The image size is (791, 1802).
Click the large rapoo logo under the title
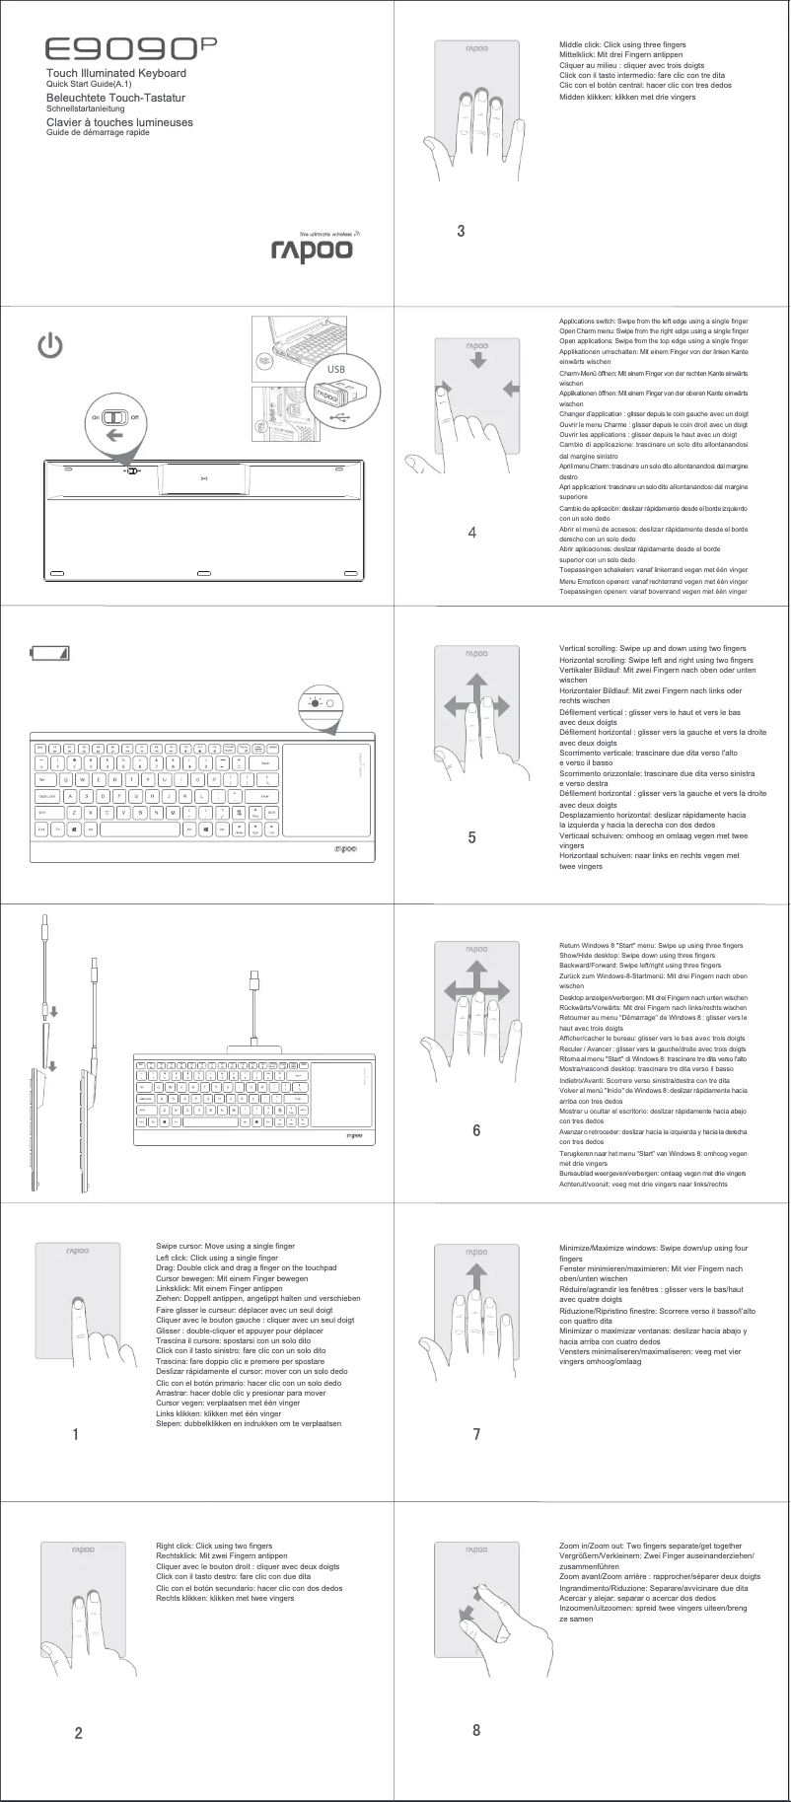click(x=312, y=251)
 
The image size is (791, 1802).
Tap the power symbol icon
click(x=51, y=346)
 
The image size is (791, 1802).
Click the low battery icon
click(x=50, y=652)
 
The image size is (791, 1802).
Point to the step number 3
click(x=461, y=232)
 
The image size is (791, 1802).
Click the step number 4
click(x=472, y=534)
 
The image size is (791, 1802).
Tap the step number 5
click(x=472, y=837)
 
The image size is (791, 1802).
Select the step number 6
click(x=476, y=1130)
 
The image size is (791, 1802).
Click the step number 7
click(x=476, y=1434)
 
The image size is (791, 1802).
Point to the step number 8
click(x=476, y=1730)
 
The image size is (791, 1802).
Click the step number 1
click(x=75, y=1435)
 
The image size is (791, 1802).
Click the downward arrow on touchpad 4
click(x=478, y=361)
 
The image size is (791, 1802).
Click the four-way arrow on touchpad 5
click(x=477, y=703)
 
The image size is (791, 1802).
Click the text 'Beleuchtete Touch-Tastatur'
click(x=116, y=99)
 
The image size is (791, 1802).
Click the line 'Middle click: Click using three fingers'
click(x=622, y=45)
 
